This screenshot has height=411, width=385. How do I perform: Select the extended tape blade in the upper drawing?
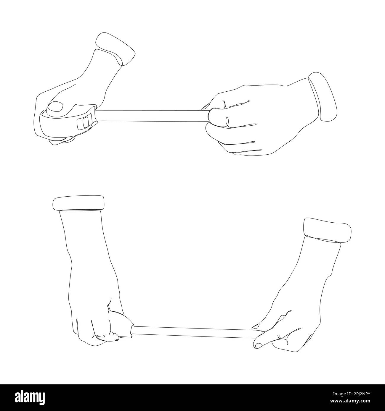(151, 116)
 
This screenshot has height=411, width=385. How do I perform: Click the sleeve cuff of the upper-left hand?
(115, 49)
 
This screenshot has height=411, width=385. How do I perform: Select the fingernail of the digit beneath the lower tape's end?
(258, 344)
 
